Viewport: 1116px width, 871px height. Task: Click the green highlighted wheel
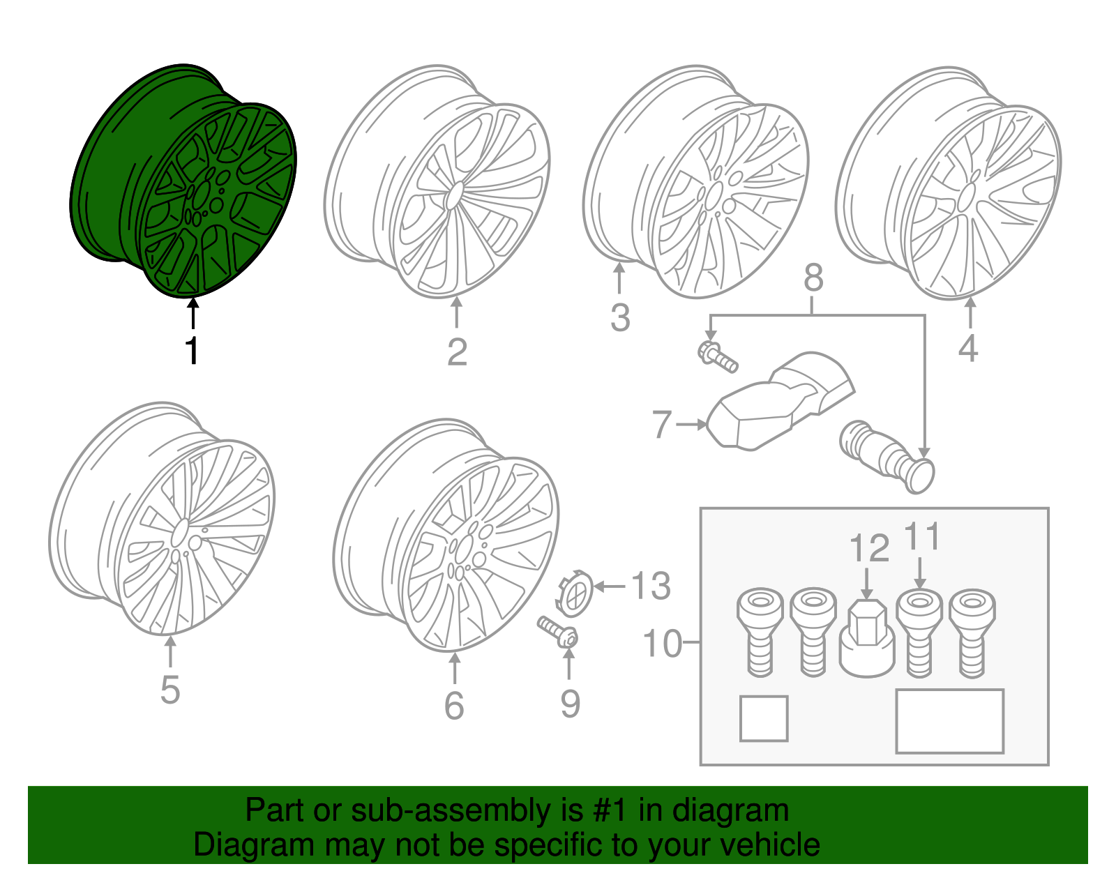[x=182, y=181]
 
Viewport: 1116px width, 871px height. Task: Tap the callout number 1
[x=192, y=351]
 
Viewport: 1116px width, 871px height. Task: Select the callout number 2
[x=457, y=352]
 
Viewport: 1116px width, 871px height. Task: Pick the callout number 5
[x=170, y=690]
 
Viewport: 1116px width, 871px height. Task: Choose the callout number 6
[x=454, y=705]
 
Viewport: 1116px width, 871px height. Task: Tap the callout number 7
[x=662, y=424]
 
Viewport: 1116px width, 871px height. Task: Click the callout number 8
[x=813, y=278]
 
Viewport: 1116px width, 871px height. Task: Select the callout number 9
[x=570, y=704]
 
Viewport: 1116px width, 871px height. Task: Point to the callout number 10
[x=663, y=643]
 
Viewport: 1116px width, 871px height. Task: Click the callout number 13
[x=651, y=586]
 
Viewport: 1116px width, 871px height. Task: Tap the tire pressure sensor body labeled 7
[x=780, y=403]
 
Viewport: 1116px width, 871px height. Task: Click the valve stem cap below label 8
[x=887, y=457]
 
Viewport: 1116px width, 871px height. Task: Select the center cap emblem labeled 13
[x=575, y=594]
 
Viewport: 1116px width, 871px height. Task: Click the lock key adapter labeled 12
[x=866, y=638]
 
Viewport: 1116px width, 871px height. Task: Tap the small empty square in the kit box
[x=764, y=718]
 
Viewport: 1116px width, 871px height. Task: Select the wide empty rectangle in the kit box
[x=949, y=722]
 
